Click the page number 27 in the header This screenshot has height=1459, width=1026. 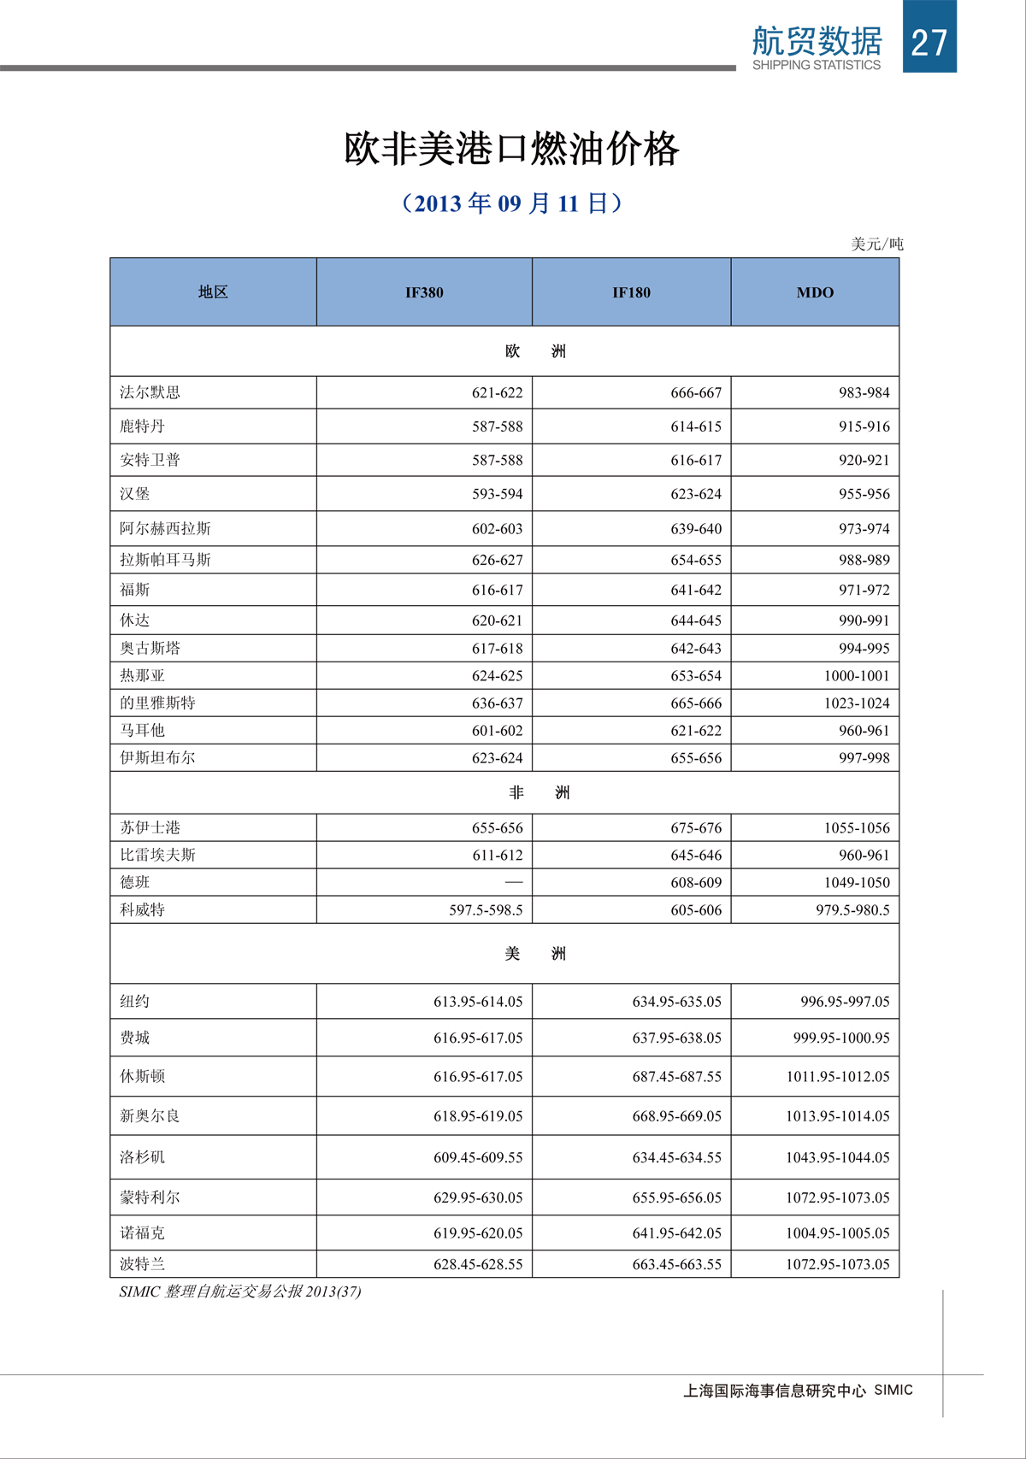tap(929, 42)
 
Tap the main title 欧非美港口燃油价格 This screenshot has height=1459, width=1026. tap(511, 149)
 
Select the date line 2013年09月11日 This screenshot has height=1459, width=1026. tap(511, 203)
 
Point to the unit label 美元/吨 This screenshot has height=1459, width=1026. tap(876, 244)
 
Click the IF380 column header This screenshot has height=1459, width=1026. tap(424, 292)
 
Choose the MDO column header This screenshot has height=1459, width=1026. tap(815, 292)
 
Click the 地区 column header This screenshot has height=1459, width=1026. tap(213, 292)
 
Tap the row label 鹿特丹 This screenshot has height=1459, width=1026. tap(142, 427)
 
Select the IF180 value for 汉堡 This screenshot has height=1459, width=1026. tap(695, 494)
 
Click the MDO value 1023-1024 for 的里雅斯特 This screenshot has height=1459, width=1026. tap(856, 703)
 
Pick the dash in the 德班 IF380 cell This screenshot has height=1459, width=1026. tap(513, 882)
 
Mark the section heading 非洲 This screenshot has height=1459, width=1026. tap(539, 793)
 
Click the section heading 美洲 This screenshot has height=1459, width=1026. tap(535, 954)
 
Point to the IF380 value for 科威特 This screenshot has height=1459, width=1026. tap(486, 910)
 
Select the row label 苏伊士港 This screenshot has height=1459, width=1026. tap(150, 827)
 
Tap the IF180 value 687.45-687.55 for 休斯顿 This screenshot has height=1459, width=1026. tap(676, 1077)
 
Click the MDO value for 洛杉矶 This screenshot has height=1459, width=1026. tap(837, 1157)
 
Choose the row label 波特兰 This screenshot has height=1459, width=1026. tap(143, 1264)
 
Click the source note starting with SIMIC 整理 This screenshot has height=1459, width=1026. tap(240, 1291)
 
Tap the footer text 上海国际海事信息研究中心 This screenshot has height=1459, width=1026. tap(775, 1391)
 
